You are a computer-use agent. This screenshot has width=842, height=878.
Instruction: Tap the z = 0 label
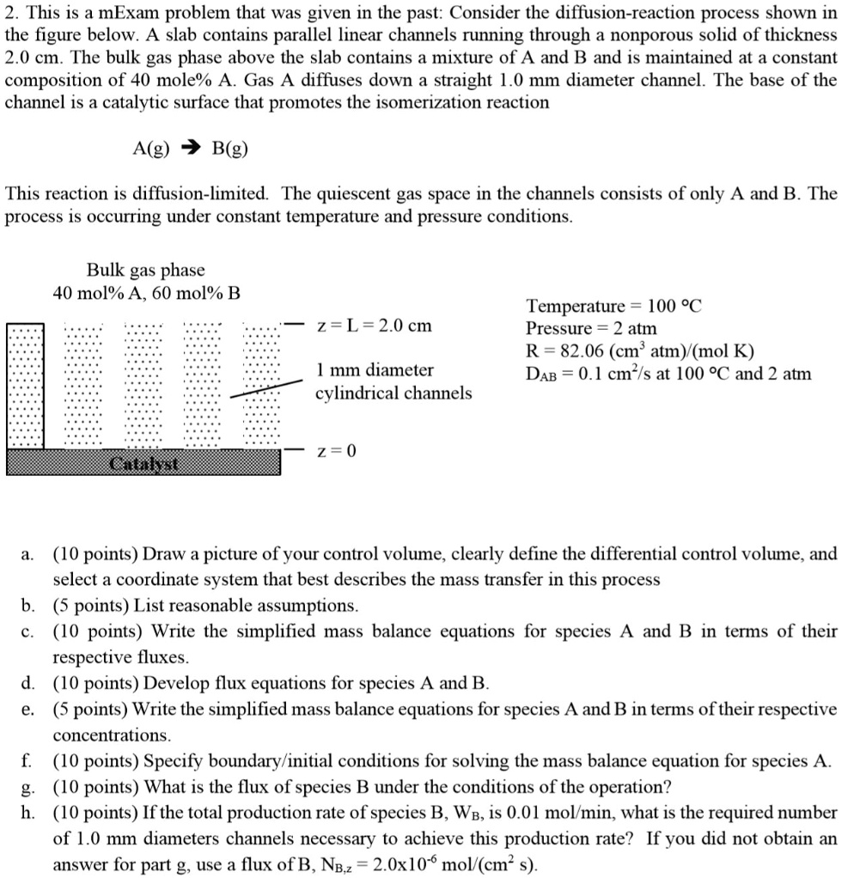(x=336, y=451)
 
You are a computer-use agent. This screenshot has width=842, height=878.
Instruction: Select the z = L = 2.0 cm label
(x=375, y=326)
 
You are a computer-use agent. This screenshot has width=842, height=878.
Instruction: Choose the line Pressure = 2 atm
(x=591, y=329)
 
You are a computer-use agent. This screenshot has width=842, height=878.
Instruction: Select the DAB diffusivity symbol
(x=541, y=375)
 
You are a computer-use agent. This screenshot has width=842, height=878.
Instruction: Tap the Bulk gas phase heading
(x=145, y=271)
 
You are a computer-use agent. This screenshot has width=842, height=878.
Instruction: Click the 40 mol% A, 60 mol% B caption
(x=147, y=293)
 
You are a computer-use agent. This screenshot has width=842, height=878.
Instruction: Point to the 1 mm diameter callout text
(x=375, y=371)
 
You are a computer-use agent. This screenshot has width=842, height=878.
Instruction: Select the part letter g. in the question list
(x=30, y=787)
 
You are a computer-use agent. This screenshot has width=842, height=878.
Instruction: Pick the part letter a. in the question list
(x=30, y=554)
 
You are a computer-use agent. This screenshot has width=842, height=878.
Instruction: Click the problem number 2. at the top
(x=11, y=14)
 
